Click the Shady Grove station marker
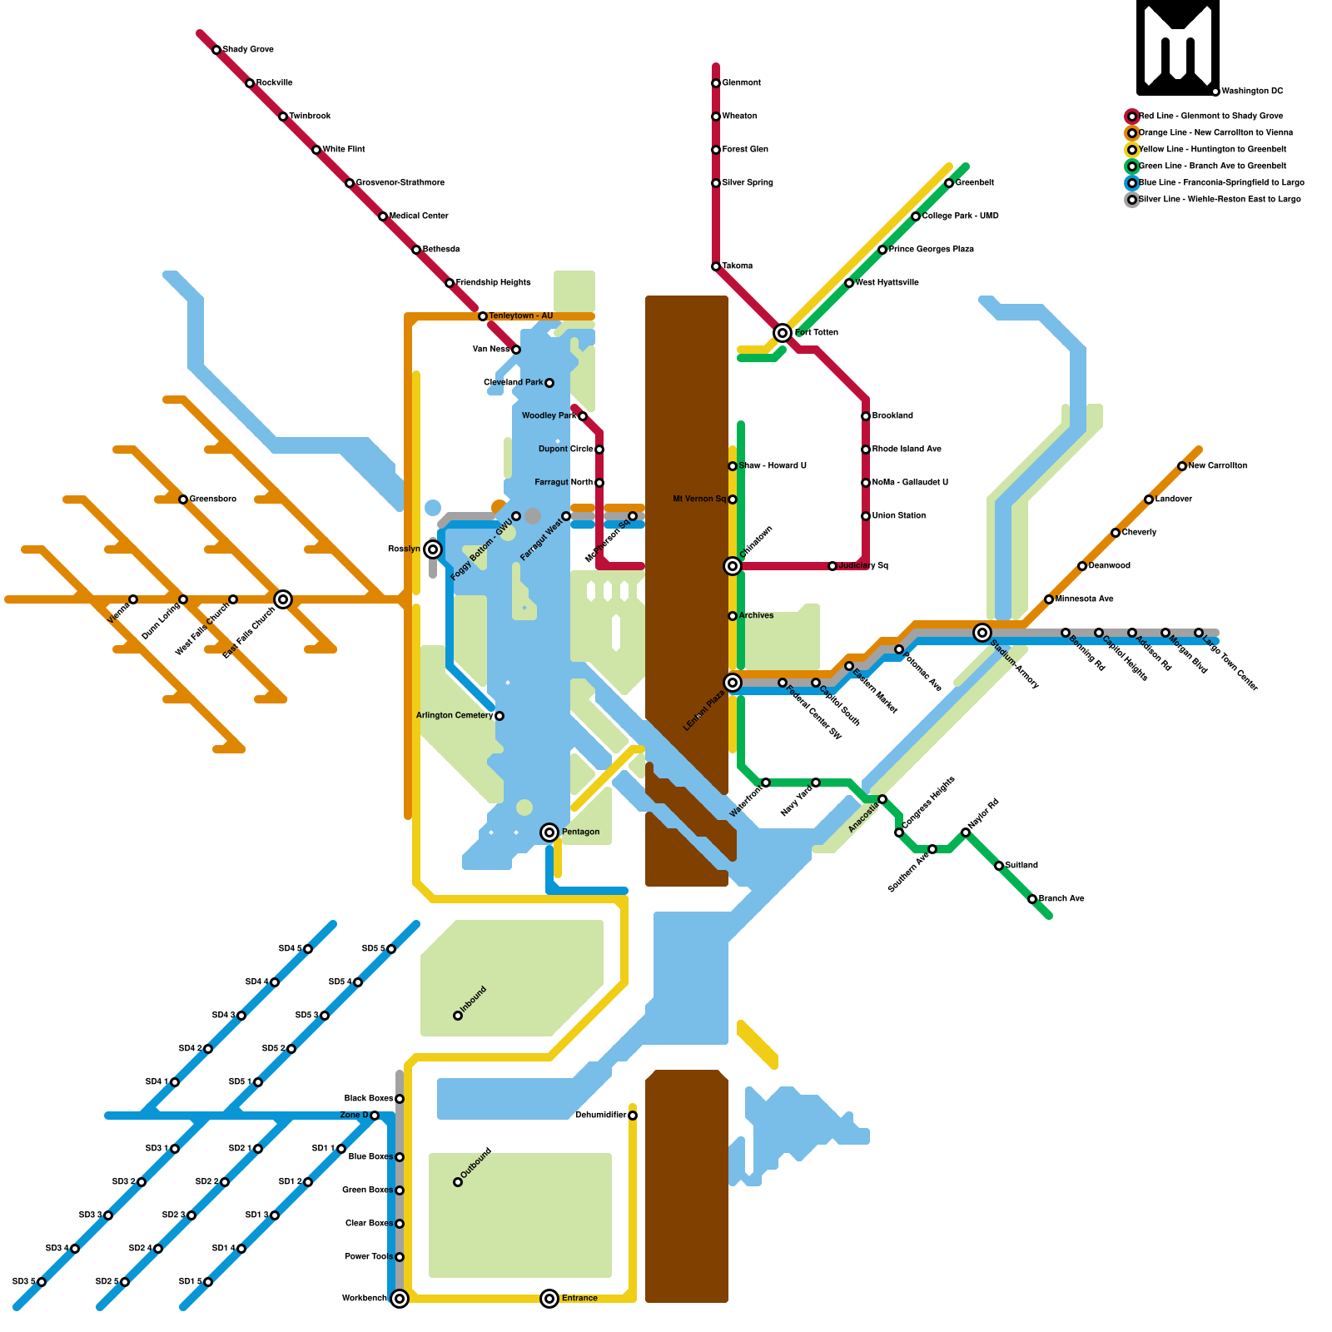click(216, 50)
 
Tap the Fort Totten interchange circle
click(783, 333)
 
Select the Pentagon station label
click(580, 832)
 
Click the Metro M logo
click(1177, 47)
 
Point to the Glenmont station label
click(741, 83)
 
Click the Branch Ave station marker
click(1032, 899)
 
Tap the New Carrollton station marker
click(1182, 466)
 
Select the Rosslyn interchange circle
click(433, 549)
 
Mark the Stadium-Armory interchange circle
click(982, 633)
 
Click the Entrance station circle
click(549, 1299)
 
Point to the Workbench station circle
click(400, 1299)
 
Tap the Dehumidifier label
click(600, 1116)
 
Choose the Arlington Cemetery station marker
click(499, 716)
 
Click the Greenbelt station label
click(974, 183)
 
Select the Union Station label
click(899, 516)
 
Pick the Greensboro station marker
click(183, 499)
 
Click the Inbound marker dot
click(458, 1016)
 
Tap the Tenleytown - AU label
click(520, 316)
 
